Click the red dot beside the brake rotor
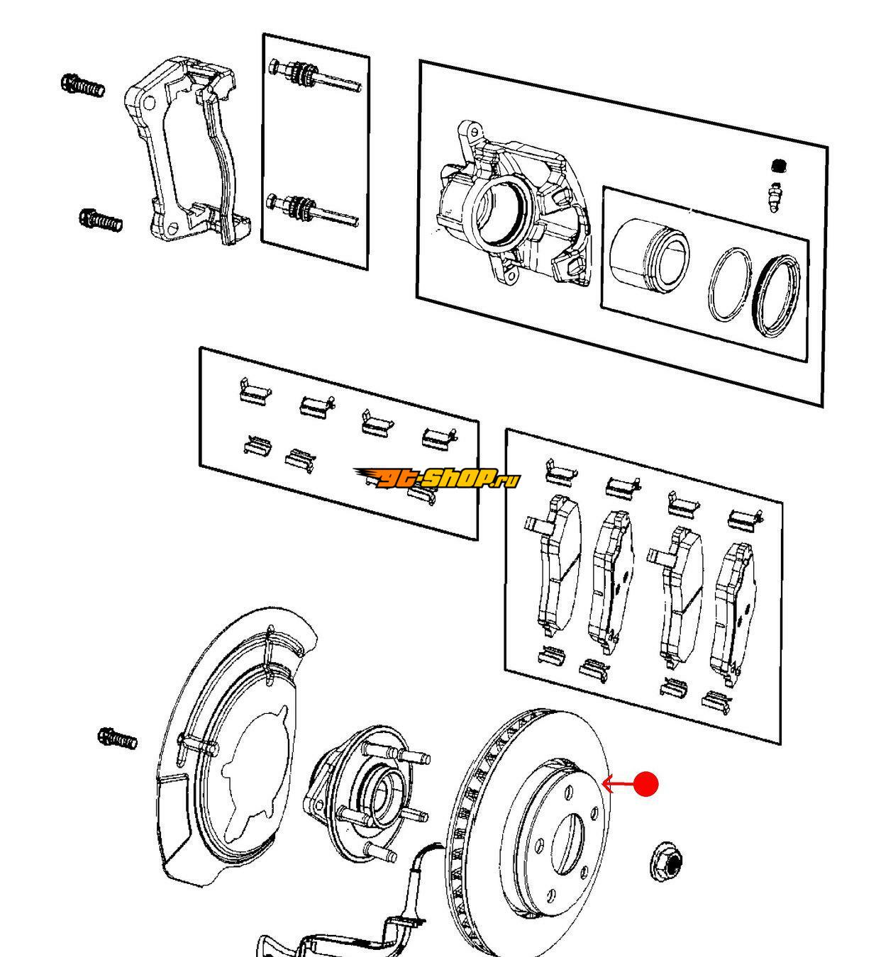[645, 784]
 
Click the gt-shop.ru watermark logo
[437, 478]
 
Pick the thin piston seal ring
[729, 284]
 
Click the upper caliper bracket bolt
[83, 86]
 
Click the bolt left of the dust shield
[117, 739]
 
